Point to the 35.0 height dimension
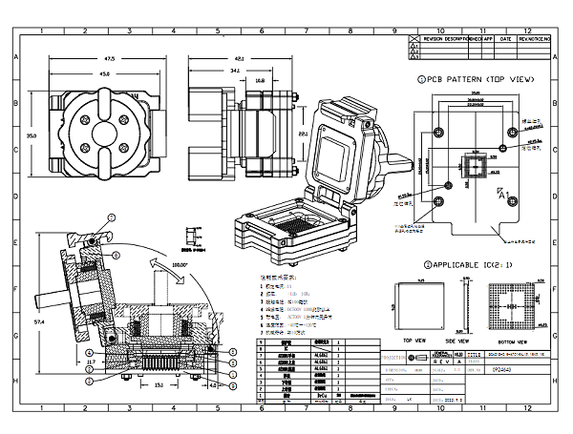pos(32,136)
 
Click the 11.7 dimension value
pos(91,362)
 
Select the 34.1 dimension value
pos(233,71)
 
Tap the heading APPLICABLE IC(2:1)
pos(472,264)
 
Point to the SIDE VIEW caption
pos(458,339)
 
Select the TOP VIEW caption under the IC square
pos(414,339)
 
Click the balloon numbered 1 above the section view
pos(110,218)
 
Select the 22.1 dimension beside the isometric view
pos(302,135)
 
